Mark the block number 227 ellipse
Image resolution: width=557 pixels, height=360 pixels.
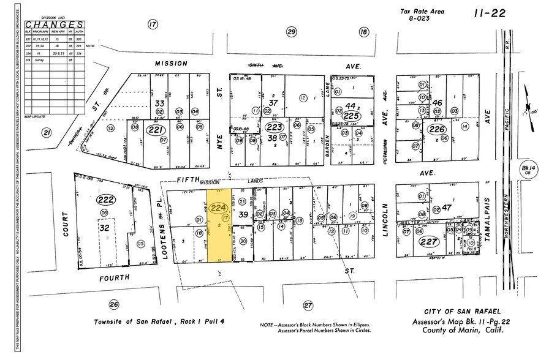point(427,242)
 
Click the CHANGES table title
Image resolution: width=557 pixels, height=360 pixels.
point(54,24)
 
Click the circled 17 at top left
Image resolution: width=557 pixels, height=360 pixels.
point(153,24)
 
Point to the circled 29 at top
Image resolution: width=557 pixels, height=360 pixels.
point(292,32)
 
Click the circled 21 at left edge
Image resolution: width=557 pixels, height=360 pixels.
point(46,133)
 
